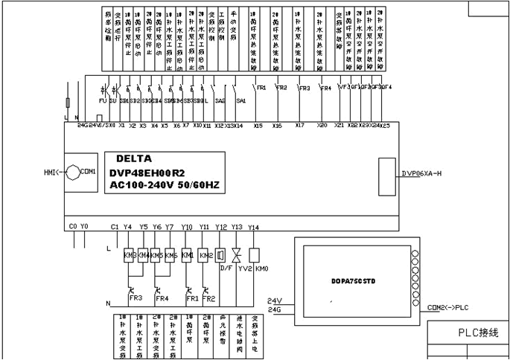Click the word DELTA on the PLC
pyautogui.click(x=134, y=158)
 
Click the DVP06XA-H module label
pyautogui.click(x=422, y=173)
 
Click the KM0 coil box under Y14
pyautogui.click(x=254, y=255)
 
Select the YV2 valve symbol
pyautogui.click(x=237, y=255)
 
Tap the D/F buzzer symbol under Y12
pyautogui.click(x=220, y=255)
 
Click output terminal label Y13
pyautogui.click(x=237, y=227)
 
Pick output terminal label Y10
pyautogui.click(x=187, y=227)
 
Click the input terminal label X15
pyautogui.click(x=258, y=126)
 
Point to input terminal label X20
pyautogui.click(x=322, y=126)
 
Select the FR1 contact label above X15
pyautogui.click(x=261, y=88)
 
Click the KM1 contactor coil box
pyautogui.click(x=187, y=255)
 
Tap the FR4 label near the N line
pyautogui.click(x=162, y=298)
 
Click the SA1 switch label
pyautogui.click(x=240, y=100)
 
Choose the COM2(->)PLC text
pyautogui.click(x=449, y=306)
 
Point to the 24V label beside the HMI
pyautogui.click(x=273, y=300)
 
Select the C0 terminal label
pyautogui.click(x=72, y=226)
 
